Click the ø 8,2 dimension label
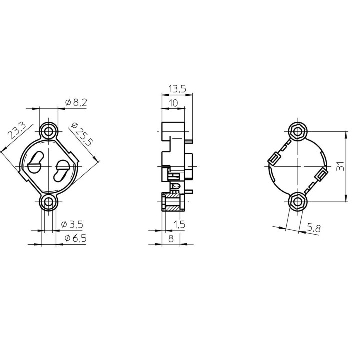(76, 103)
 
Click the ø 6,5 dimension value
(76, 239)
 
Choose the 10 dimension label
(174, 102)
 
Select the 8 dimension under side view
(171, 239)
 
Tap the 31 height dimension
(340, 166)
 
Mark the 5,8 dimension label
(314, 228)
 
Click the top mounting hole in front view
(49, 131)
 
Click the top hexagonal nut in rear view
(298, 131)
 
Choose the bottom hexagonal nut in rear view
(298, 202)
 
